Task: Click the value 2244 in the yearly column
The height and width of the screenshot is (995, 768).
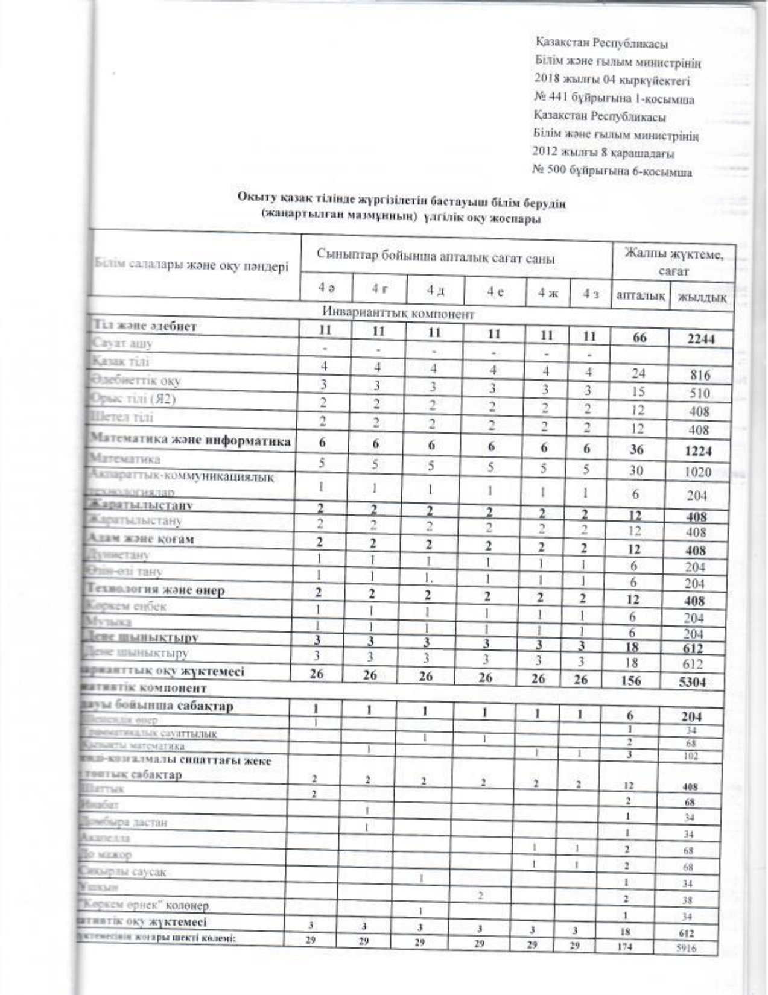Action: click(701, 340)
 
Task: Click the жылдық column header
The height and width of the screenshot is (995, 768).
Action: click(702, 297)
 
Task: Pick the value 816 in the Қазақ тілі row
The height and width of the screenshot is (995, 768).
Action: click(700, 375)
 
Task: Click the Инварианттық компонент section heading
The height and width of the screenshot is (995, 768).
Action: click(399, 314)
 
